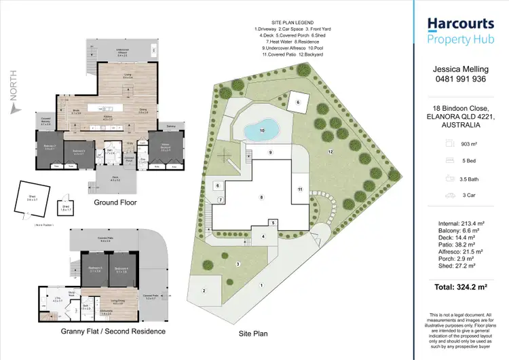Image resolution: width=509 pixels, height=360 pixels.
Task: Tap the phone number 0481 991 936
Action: (x=460, y=78)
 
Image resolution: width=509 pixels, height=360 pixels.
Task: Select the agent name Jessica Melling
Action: (x=460, y=69)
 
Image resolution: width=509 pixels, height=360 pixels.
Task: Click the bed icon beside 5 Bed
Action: (x=449, y=161)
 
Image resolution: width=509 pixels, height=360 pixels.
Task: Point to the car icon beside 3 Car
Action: (x=449, y=196)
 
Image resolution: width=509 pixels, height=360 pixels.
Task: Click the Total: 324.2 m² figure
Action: (x=460, y=287)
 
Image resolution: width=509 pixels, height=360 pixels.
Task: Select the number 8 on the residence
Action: (x=261, y=197)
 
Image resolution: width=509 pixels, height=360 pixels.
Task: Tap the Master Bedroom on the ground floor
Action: (x=164, y=146)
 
